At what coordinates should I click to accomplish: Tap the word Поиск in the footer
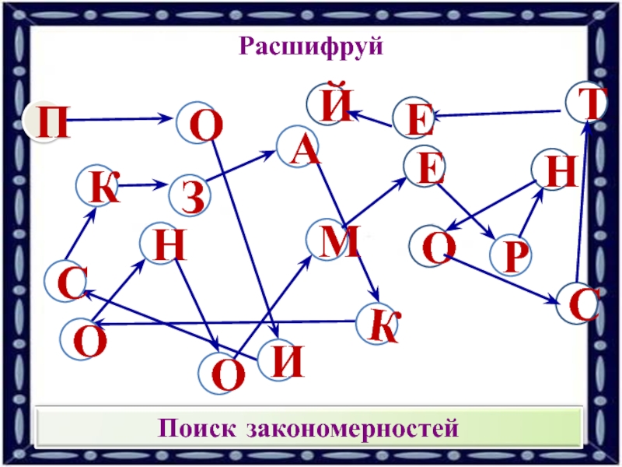click(x=200, y=428)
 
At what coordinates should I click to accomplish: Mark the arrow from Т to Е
click(x=498, y=114)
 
